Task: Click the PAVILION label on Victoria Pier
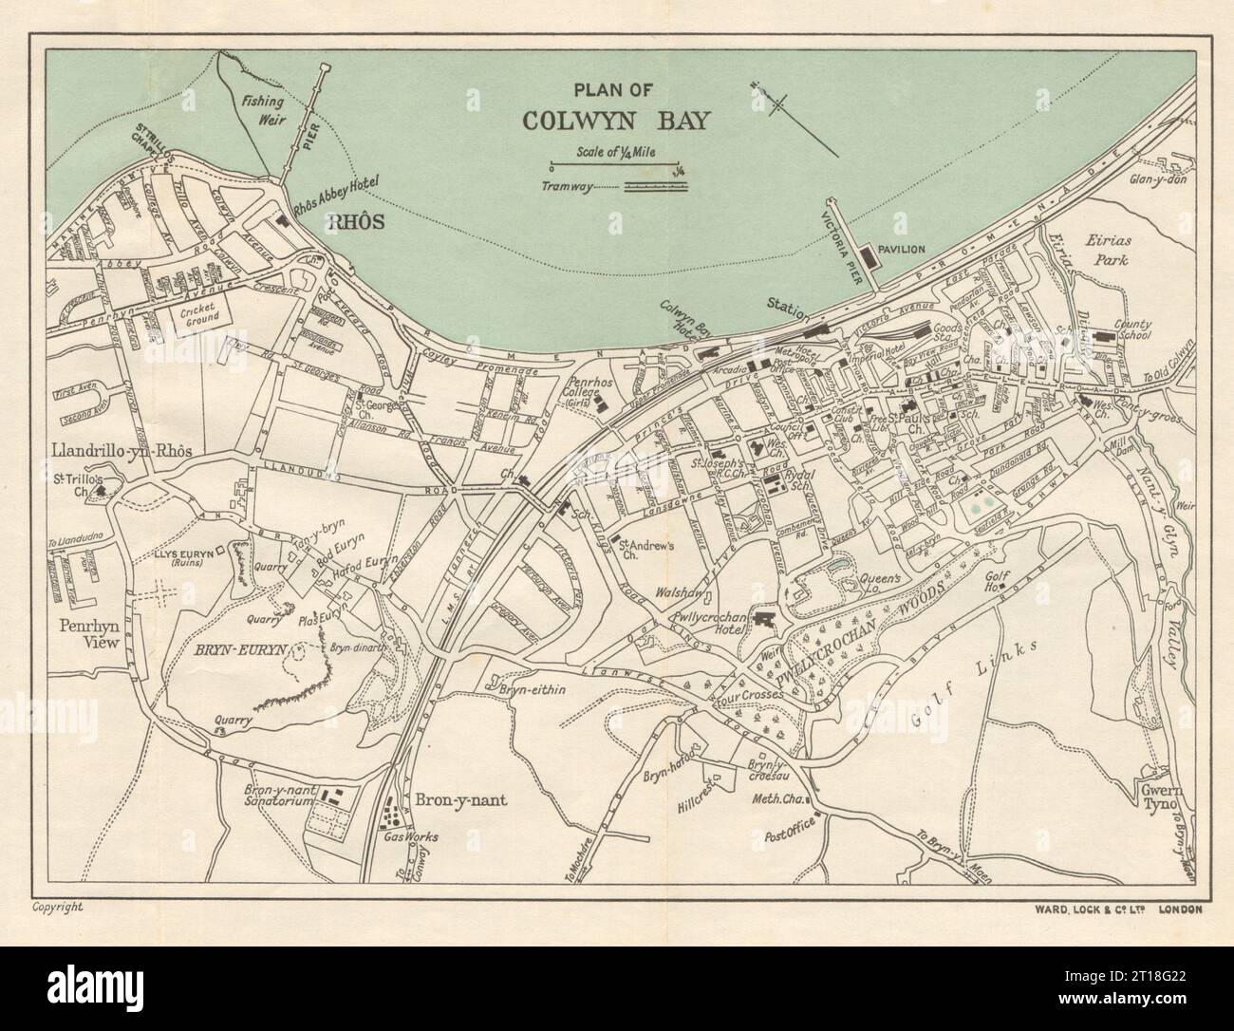click(900, 250)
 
